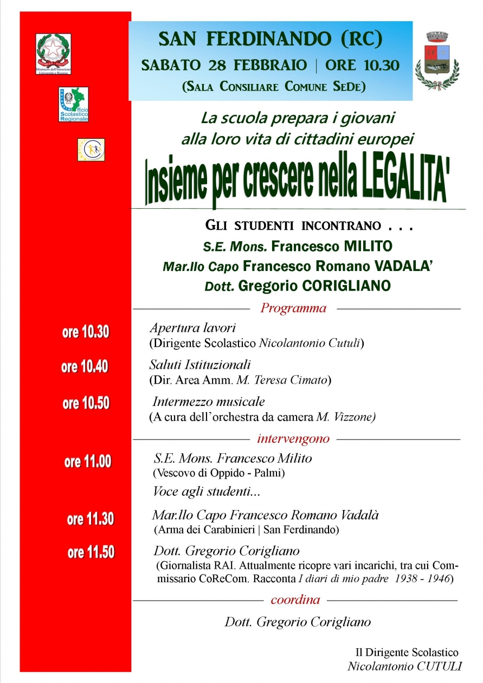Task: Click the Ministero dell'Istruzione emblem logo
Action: pos(53,54)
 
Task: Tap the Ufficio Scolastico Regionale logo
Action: pos(73,104)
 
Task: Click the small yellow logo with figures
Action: pos(91,150)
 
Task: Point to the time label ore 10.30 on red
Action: pos(86,332)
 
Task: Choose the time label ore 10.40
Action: pos(85,367)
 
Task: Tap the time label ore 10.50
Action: pos(86,403)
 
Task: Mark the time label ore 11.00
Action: pos(88,462)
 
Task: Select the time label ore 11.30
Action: pos(91,519)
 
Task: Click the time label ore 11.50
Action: pos(91,552)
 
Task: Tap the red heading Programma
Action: pos(293,308)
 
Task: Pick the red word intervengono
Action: pos(293,438)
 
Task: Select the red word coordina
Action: pos(295,600)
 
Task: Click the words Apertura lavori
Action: pos(192,328)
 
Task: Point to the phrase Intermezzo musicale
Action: pos(209,402)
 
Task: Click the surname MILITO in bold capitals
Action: pos(361,247)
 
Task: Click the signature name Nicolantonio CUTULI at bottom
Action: pos(404,666)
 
